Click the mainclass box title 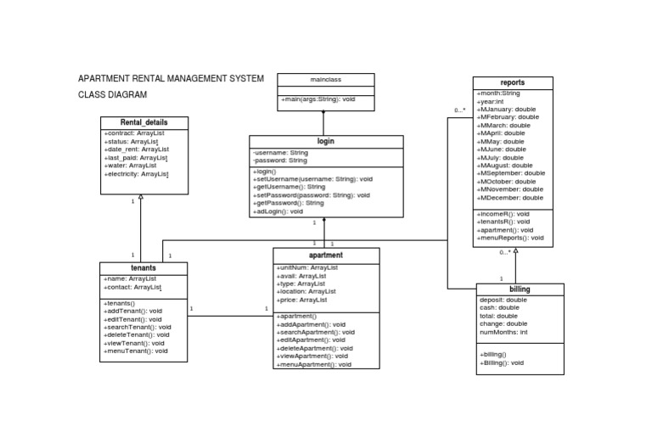(326, 79)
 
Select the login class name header (326, 142)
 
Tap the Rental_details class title (143, 123)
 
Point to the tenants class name (143, 267)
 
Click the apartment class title (326, 255)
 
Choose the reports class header (513, 82)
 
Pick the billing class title (520, 289)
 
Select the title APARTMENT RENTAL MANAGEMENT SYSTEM (171, 79)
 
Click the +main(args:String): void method (318, 100)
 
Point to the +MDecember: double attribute (509, 198)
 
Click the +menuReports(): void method (509, 239)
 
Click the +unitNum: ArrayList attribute (306, 268)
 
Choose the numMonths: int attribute (503, 332)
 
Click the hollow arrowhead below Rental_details (141, 196)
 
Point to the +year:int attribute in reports (490, 101)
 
